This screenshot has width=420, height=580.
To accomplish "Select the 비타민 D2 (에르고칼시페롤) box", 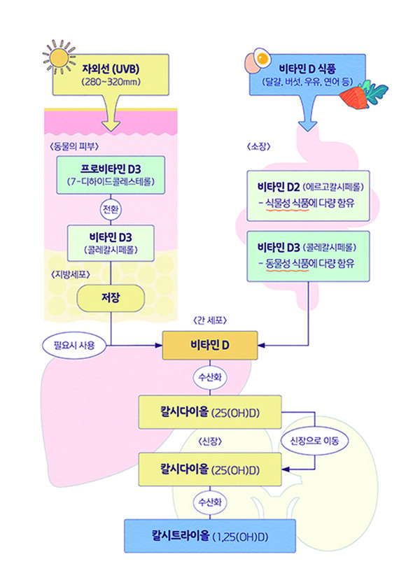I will pos(308,195).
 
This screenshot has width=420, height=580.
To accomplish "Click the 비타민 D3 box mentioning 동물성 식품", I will pos(308,257).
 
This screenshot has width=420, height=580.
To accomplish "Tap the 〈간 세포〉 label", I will pos(210,320).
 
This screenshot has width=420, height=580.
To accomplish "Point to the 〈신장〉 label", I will pos(209,442).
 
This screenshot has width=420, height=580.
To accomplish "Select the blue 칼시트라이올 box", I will pos(210,536).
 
